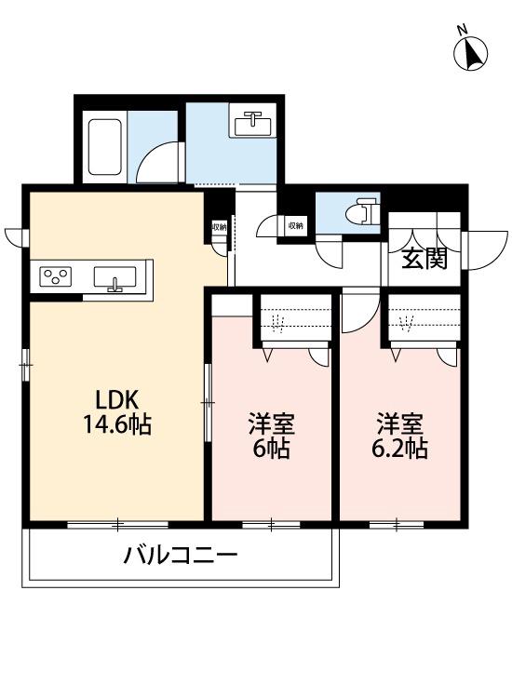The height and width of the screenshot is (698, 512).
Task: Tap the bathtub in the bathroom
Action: [104, 147]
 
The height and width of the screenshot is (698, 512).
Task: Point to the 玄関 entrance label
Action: [424, 259]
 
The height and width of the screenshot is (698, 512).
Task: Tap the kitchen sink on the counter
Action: [115, 277]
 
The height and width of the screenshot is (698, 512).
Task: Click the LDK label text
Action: [117, 400]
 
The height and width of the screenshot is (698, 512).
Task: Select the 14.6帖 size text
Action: [117, 425]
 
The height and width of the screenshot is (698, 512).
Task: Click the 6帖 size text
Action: [271, 450]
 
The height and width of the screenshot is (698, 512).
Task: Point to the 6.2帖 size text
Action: [400, 450]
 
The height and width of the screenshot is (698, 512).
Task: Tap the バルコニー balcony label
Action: [182, 557]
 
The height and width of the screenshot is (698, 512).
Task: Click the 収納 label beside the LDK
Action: [219, 226]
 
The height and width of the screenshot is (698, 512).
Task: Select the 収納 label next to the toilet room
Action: [295, 225]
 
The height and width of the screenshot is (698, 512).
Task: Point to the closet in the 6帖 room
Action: [295, 320]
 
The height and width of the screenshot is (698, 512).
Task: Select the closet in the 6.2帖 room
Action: [425, 320]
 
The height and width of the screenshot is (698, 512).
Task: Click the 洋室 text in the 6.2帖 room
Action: [400, 425]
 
